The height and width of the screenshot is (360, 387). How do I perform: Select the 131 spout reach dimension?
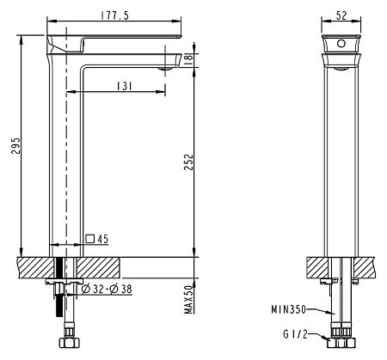pyautogui.click(x=126, y=84)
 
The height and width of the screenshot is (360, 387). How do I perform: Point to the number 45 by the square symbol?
pyautogui.click(x=101, y=239)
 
